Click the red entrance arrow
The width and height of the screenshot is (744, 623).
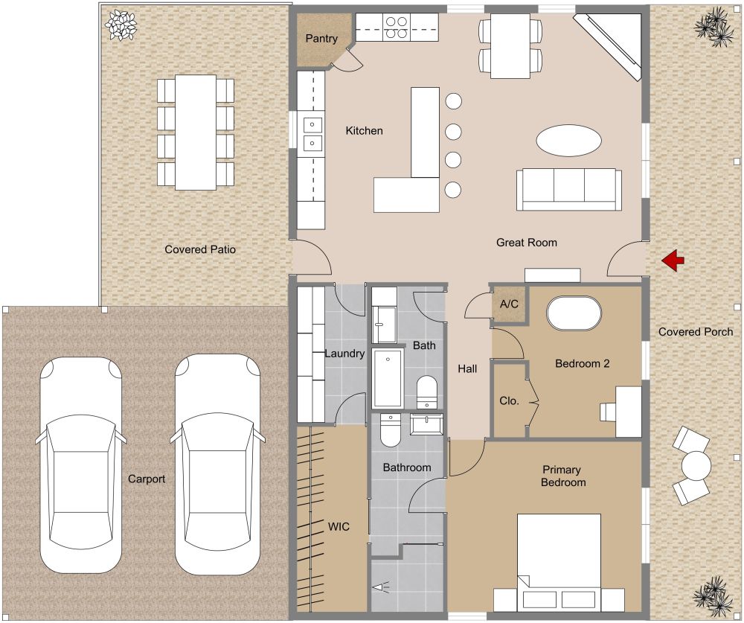pos(674,260)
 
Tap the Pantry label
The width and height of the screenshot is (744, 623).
pos(321,39)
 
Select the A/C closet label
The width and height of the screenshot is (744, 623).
pos(509,304)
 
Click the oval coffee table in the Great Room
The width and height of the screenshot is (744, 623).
pos(569,140)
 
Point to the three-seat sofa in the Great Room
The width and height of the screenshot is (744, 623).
pos(569,189)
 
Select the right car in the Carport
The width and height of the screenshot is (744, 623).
pos(217,464)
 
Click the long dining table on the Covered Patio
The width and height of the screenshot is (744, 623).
pos(195,132)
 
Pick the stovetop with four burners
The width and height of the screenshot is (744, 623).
pos(395,28)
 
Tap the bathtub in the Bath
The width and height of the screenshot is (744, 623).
pos(388,378)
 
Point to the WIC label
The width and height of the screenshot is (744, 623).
pos(339,526)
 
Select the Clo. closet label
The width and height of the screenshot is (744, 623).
pos(509,400)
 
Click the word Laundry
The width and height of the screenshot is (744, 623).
pos(344,354)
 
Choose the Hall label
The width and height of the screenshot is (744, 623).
pos(467,368)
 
